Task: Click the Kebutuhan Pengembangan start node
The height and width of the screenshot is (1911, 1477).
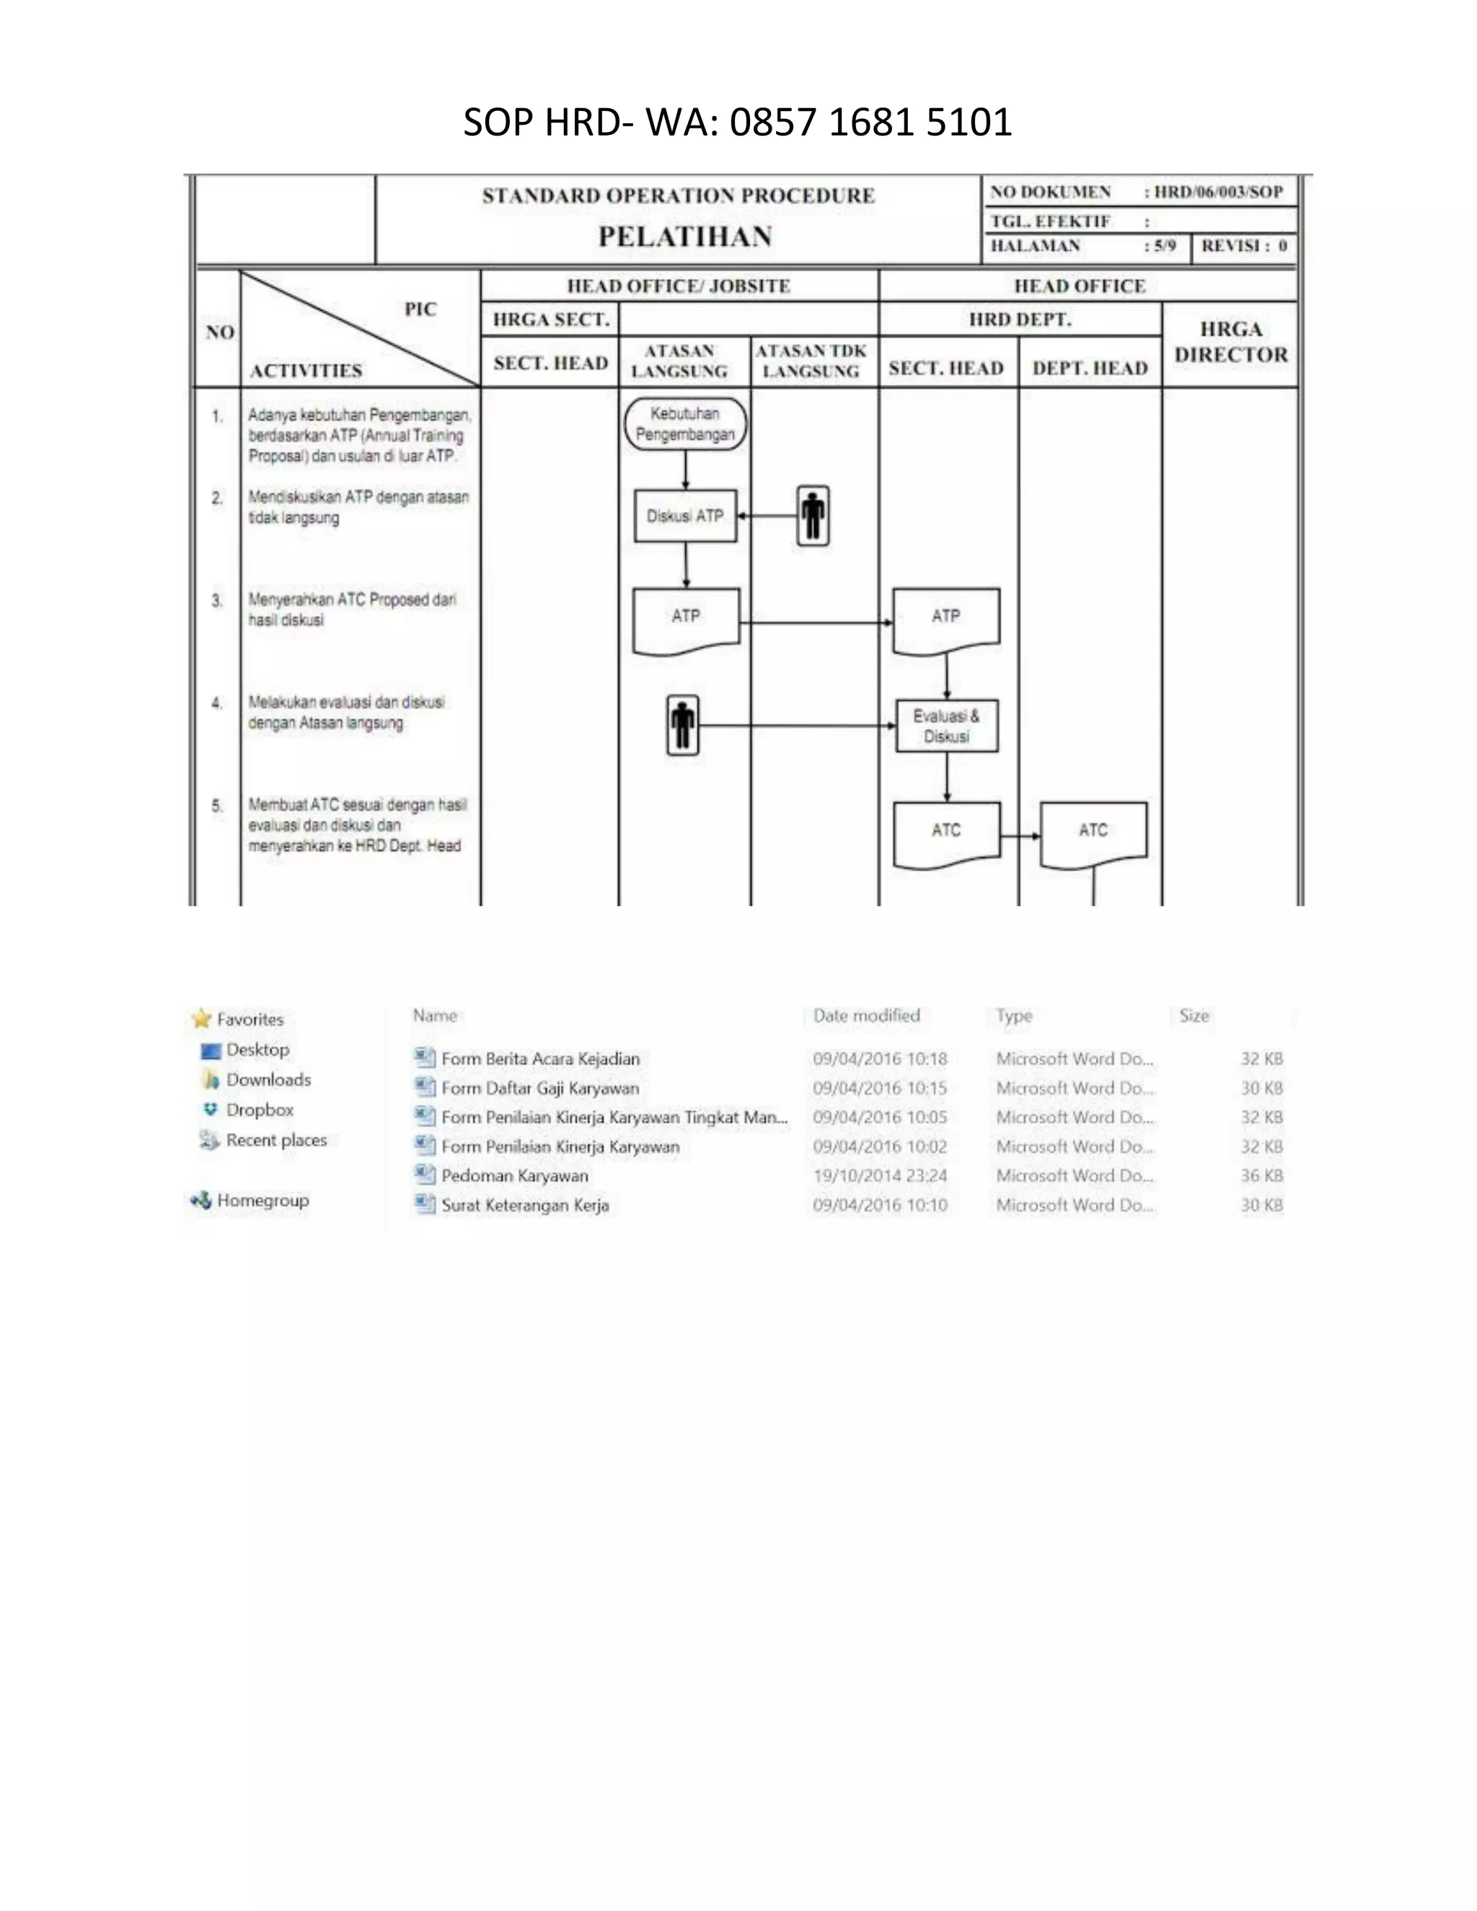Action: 685,424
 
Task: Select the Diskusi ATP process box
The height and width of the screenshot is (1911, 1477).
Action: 685,516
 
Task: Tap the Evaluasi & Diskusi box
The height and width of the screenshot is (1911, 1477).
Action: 947,726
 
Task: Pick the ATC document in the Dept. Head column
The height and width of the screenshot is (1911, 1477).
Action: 1093,833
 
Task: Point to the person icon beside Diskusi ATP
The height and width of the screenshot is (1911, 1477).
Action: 813,516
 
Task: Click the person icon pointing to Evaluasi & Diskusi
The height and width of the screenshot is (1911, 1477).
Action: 682,725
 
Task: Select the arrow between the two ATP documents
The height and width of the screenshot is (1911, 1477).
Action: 816,623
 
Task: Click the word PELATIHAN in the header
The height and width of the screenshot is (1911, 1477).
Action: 685,237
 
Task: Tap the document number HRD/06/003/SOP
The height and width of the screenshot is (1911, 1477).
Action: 1218,192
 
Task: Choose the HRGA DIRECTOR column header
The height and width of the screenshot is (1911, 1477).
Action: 1230,342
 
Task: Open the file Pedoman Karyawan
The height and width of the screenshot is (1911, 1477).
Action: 514,1176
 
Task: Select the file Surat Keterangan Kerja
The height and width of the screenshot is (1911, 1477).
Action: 525,1205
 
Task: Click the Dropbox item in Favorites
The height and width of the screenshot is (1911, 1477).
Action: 259,1110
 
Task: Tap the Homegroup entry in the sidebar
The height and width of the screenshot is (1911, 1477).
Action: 263,1201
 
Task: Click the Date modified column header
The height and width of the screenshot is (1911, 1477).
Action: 866,1016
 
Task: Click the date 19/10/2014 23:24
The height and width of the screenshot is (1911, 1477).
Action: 879,1176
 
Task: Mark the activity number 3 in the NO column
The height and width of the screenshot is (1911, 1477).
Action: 217,600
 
